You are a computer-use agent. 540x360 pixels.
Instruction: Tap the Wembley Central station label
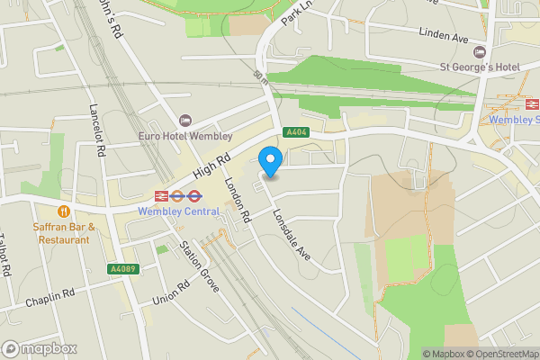(178, 211)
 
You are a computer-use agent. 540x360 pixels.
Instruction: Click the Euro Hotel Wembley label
(184, 136)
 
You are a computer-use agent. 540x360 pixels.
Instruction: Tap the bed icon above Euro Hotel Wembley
(185, 121)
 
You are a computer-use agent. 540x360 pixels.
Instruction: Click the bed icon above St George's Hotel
(479, 50)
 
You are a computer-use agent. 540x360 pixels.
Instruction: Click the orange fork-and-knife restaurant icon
(64, 211)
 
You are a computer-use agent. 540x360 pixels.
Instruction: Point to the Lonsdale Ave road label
(290, 237)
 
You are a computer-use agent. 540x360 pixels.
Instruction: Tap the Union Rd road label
(171, 293)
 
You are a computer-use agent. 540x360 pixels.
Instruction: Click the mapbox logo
(40, 348)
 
